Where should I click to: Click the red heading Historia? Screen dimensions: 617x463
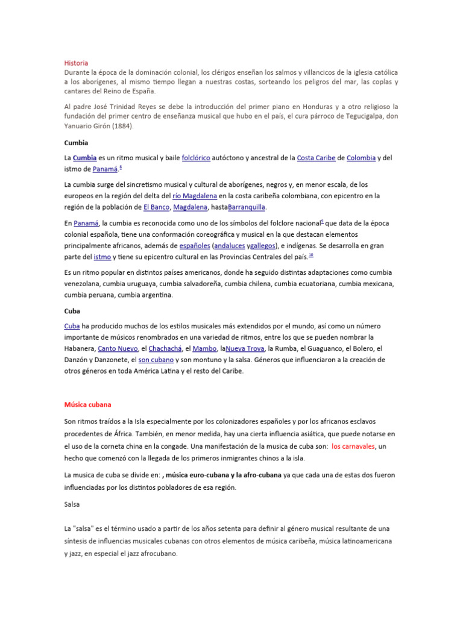[76, 63]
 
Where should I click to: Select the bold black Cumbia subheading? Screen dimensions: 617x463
[76, 143]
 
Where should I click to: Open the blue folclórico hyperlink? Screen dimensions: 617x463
[196, 158]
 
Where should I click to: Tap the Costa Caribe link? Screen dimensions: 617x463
[316, 158]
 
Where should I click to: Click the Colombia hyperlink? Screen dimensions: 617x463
[361, 158]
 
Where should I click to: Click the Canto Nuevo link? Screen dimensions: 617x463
[117, 348]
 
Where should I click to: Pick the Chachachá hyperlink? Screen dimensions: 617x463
[165, 348]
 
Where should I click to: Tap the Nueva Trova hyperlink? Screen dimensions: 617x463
[245, 348]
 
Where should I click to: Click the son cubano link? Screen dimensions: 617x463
[156, 360]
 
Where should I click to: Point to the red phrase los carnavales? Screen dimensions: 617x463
[353, 446]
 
